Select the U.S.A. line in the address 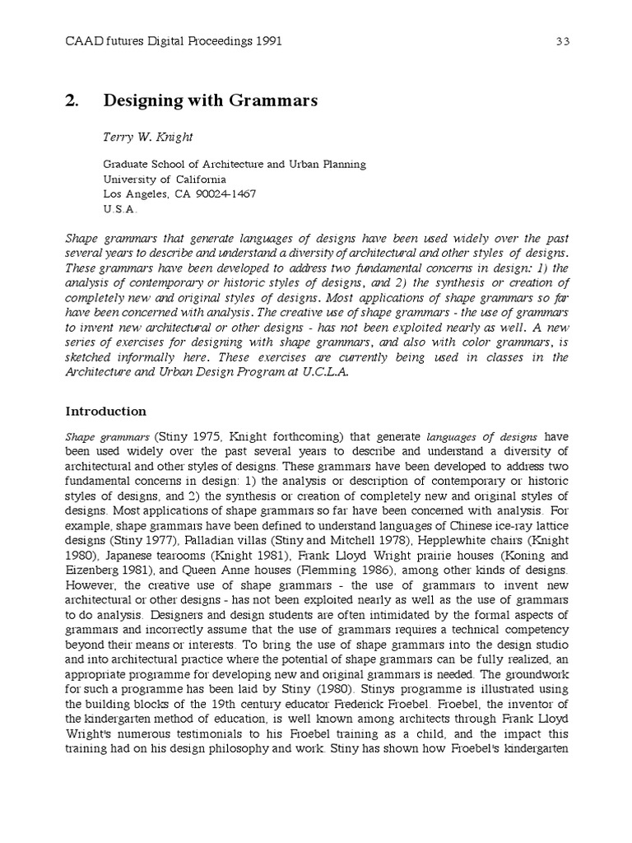[x=120, y=208]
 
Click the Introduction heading [x=105, y=411]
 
